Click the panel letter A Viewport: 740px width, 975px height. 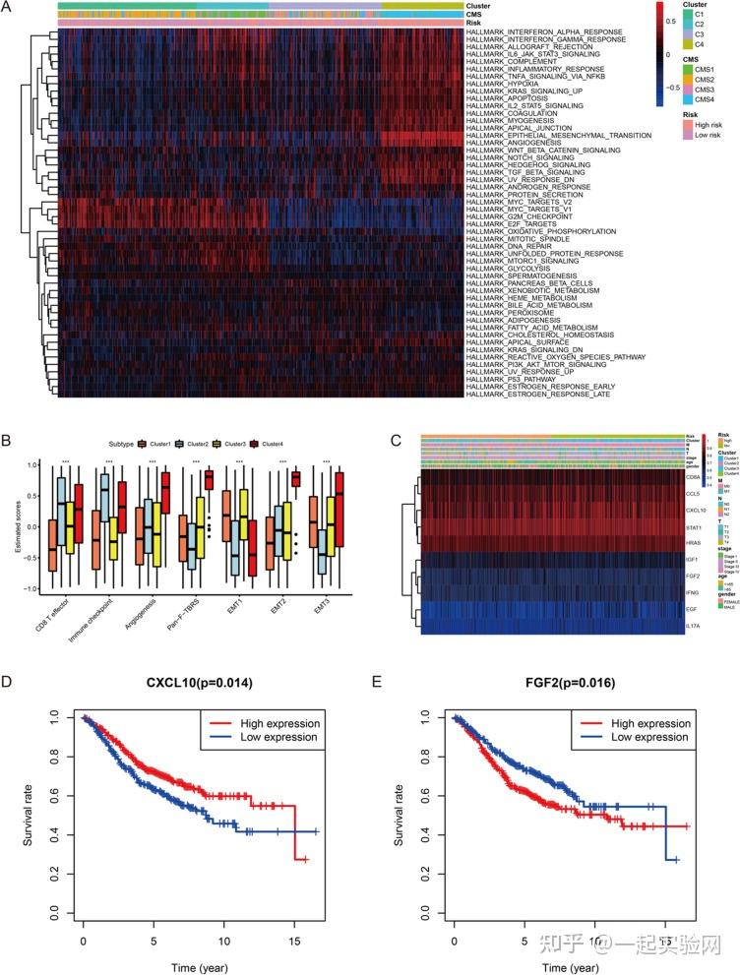pyautogui.click(x=9, y=8)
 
